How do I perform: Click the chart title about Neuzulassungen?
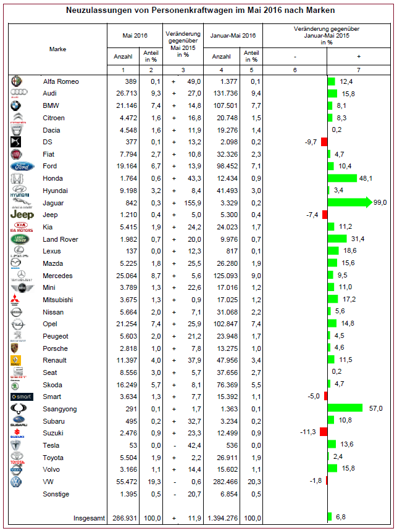click(200, 10)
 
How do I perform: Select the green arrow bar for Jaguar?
click(349, 202)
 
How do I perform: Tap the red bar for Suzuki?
click(323, 432)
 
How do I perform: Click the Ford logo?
click(19, 166)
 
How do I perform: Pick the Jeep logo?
click(20, 215)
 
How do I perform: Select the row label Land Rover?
click(61, 239)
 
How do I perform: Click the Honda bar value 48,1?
click(367, 178)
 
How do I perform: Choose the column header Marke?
click(58, 49)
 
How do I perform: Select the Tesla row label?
click(52, 444)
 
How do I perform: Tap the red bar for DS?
click(324, 142)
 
